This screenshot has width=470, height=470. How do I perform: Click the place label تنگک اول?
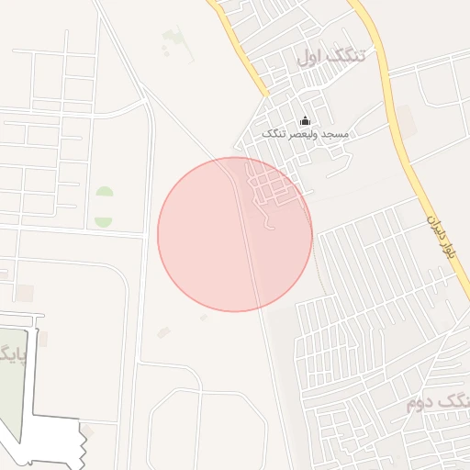click(x=330, y=56)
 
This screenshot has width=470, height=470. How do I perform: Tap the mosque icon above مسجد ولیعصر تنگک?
click(x=306, y=120)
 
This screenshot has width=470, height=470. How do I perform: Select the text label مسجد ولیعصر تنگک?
click(x=306, y=135)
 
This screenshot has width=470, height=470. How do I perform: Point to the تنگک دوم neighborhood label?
click(x=437, y=402)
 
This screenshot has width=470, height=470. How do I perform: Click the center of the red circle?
click(x=235, y=234)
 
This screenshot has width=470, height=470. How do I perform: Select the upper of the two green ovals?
click(x=105, y=195)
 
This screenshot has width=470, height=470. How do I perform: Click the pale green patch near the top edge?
click(x=173, y=39)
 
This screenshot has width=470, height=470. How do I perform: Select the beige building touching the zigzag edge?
click(x=87, y=431)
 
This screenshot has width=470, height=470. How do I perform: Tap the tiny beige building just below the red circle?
click(x=204, y=318)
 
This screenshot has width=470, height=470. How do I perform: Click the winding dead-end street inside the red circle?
click(x=269, y=219)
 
